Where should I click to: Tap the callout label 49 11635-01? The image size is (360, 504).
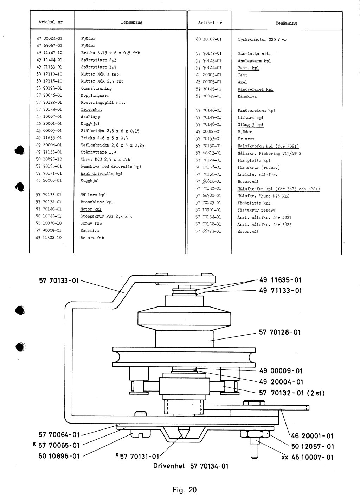click(280, 280)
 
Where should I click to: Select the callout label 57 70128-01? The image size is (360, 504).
click(279, 332)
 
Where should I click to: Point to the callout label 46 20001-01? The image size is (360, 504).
click(312, 436)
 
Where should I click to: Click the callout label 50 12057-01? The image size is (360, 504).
click(313, 447)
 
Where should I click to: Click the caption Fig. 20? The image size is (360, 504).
click(185, 490)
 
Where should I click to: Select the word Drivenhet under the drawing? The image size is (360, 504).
click(169, 466)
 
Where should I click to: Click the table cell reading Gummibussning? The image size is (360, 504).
click(96, 88)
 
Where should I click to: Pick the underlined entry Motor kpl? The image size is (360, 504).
click(91, 209)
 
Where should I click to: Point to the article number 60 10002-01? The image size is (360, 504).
click(209, 39)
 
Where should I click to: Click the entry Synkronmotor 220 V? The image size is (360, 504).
click(262, 40)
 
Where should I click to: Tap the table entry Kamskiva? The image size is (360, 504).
click(247, 96)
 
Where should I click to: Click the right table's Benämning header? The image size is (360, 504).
click(287, 23)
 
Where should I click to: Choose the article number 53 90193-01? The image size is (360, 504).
click(49, 88)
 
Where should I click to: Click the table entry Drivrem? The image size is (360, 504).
click(246, 139)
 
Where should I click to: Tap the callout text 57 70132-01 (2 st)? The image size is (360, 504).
click(292, 393)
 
